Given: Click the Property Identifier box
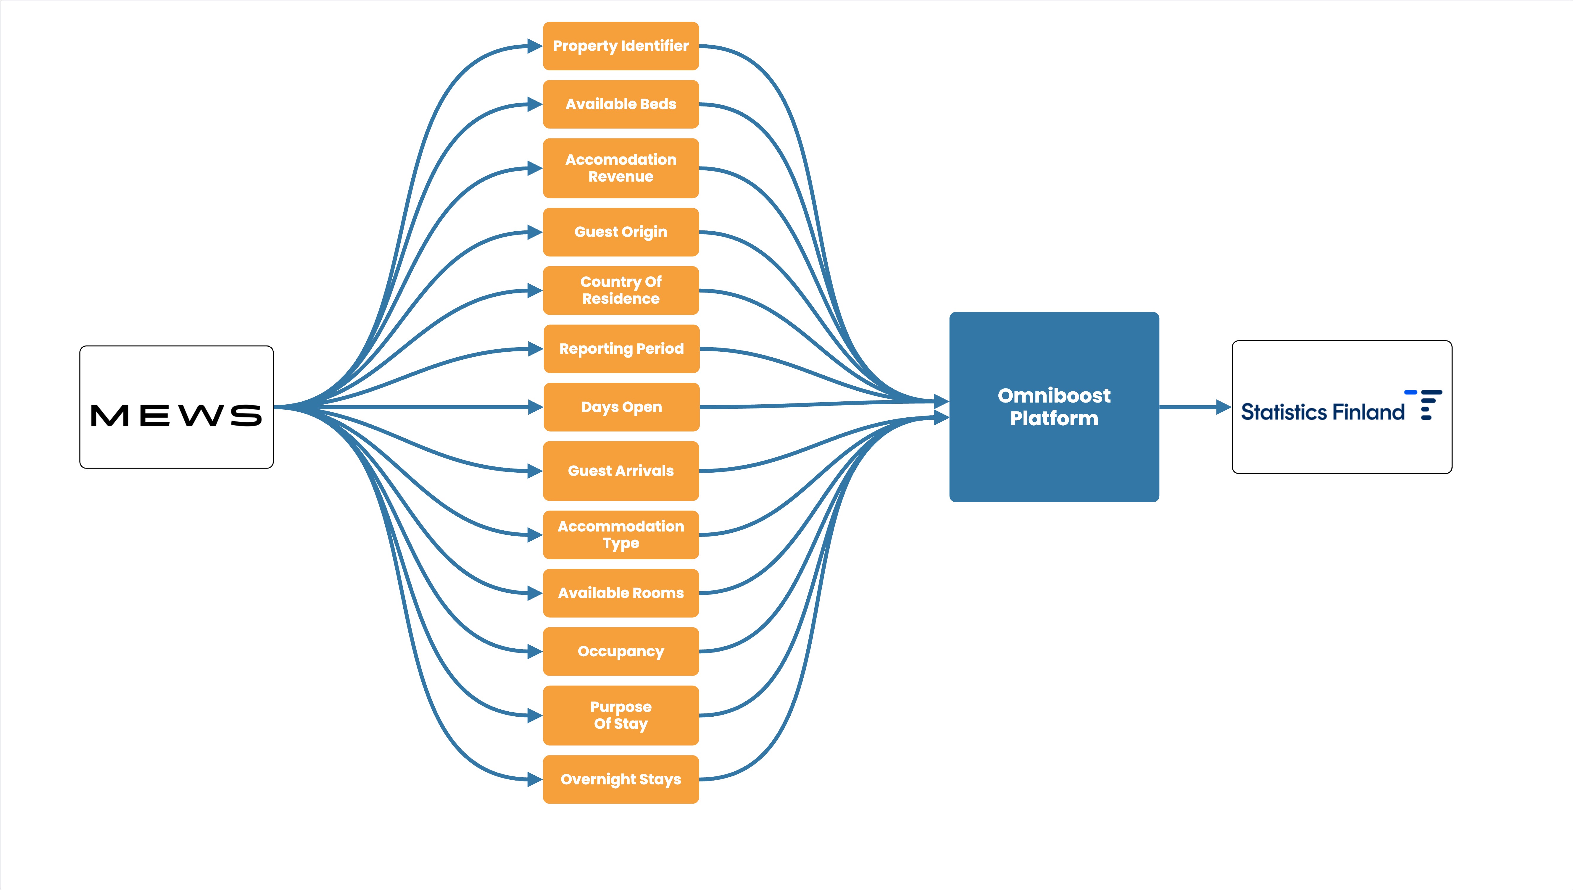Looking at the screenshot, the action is (x=621, y=46).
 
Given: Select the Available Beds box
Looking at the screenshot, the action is (x=621, y=104).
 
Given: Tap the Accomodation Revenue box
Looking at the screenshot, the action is (x=621, y=168).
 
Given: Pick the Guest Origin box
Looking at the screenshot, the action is (x=621, y=232).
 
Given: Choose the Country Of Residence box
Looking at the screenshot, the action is (x=621, y=290).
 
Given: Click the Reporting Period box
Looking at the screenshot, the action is (x=621, y=348).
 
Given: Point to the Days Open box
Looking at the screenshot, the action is (x=621, y=407).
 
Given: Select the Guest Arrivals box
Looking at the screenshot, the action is (x=621, y=471).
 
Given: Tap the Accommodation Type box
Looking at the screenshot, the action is (x=621, y=535).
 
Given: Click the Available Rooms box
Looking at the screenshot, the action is (x=621, y=593).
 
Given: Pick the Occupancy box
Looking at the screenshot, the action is (x=621, y=652).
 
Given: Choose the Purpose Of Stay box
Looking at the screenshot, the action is (x=621, y=715).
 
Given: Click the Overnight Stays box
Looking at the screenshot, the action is (x=621, y=779).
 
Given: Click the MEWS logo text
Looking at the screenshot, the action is (x=176, y=416).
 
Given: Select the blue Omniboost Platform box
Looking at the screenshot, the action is (x=1054, y=407).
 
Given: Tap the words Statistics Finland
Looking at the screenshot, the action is (x=1322, y=413).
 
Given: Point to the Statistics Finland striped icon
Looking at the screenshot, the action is (x=1424, y=405).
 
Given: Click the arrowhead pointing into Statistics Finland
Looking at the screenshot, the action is (x=1223, y=407).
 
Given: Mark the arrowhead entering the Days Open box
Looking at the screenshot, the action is (x=535, y=407).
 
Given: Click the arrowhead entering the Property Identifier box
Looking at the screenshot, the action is (x=535, y=46).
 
